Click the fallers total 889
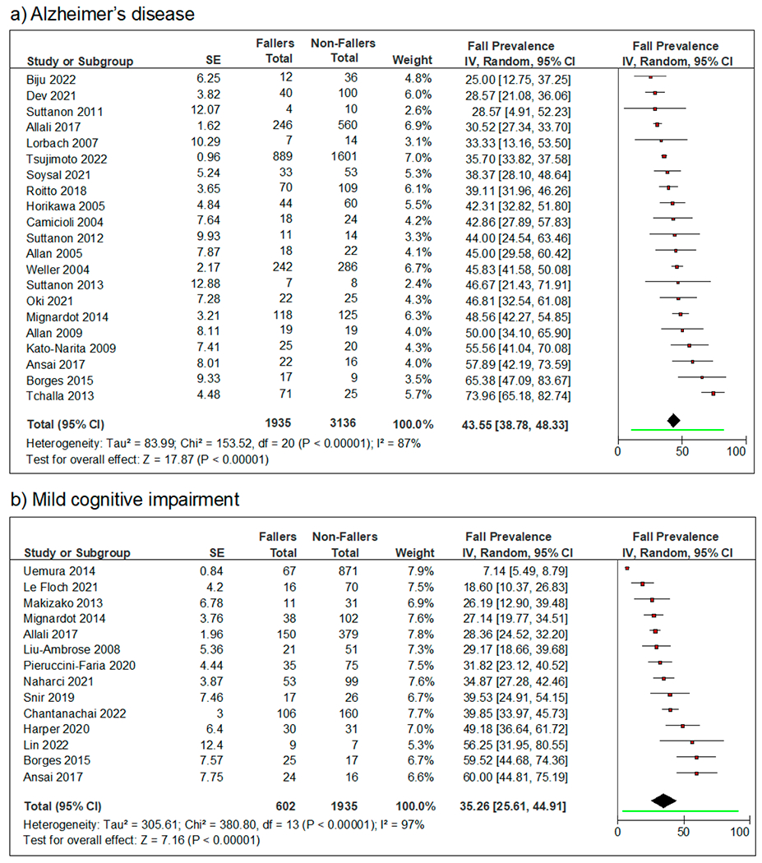coord(279,159)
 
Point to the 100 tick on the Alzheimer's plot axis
coord(737,450)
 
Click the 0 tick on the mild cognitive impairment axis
coord(618,830)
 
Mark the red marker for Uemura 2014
coord(626,568)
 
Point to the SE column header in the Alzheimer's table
coord(212,61)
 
